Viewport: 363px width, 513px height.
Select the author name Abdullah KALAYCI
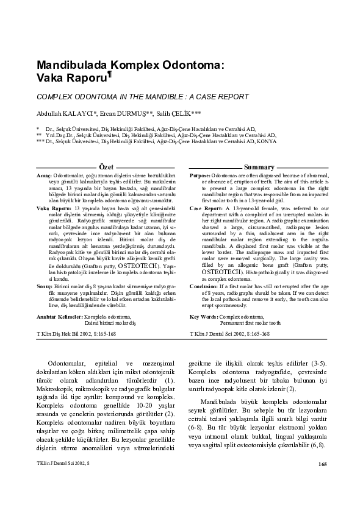tap(63, 113)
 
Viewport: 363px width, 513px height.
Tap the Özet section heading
tap(106, 167)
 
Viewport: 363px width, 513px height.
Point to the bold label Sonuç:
tap(45, 285)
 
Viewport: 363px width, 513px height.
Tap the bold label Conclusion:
tap(204, 285)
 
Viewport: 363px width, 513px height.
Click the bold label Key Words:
tap(203, 317)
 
